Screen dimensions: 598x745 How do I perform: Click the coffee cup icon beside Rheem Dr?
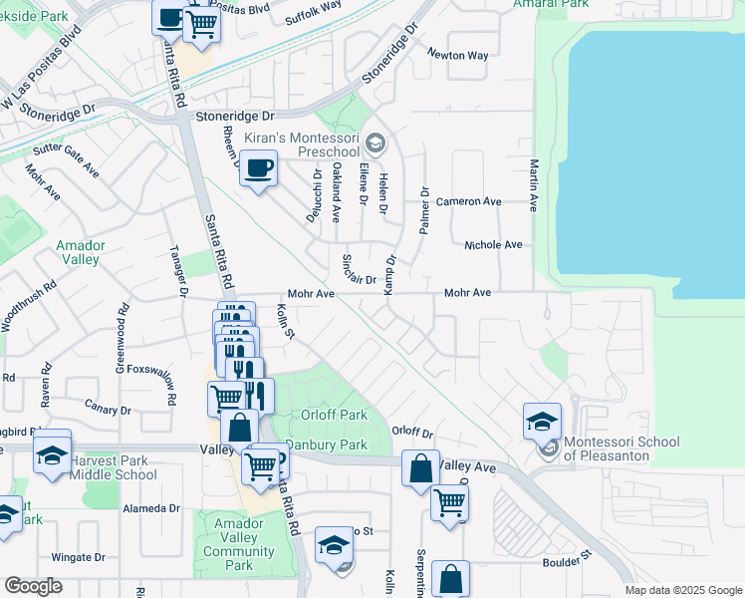click(259, 168)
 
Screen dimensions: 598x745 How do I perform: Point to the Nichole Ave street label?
click(493, 245)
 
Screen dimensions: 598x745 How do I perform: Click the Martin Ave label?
click(534, 183)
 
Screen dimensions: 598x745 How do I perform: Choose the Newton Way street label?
click(457, 55)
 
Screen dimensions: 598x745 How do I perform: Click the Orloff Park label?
click(335, 416)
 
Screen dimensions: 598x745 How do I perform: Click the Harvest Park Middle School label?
click(113, 467)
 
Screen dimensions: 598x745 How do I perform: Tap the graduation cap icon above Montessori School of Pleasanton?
click(543, 421)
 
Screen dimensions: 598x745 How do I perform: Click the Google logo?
click(33, 586)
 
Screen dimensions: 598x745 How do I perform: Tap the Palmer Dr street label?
click(424, 209)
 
